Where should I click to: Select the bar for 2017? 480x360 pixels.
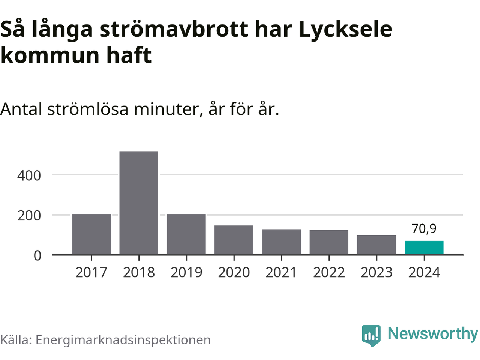point(91,234)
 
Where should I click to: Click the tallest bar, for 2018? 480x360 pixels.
point(139,203)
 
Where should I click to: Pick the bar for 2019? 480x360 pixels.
point(186,234)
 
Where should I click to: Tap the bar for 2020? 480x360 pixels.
point(234,240)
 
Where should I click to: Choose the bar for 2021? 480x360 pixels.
point(281,242)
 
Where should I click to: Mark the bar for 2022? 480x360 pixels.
point(329,242)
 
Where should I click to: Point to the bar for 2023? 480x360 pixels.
point(376,244)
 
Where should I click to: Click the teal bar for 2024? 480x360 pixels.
point(424,247)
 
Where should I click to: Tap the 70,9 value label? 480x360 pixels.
point(424,228)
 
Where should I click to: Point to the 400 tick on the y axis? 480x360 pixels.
point(29,175)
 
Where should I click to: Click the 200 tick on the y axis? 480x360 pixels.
point(29,216)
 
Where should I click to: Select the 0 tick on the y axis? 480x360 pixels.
point(37,255)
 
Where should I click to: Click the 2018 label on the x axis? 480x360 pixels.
point(139,272)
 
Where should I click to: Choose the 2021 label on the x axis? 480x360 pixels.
point(281,272)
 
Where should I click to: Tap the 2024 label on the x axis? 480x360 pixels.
point(424,272)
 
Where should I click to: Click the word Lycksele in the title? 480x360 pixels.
point(345,29)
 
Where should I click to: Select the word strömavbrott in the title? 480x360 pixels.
point(174,29)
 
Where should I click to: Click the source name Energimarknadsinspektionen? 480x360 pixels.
point(123,340)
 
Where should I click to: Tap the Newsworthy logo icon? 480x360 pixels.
point(371,335)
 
